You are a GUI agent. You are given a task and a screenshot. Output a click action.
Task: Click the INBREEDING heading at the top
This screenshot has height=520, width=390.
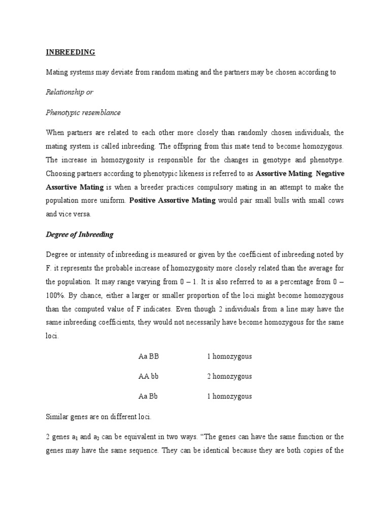70,52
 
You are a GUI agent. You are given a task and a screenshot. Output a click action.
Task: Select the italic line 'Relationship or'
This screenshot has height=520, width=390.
70,92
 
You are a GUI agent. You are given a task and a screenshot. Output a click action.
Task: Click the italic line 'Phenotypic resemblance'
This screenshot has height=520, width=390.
83,112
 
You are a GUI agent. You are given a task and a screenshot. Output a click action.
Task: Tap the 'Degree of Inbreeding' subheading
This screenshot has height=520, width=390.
80,234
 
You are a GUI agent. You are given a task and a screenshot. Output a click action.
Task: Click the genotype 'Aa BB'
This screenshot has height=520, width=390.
149,356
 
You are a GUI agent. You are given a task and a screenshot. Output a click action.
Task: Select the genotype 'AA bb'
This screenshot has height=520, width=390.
149,376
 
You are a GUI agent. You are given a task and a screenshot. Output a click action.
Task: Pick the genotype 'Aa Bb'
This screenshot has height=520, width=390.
149,396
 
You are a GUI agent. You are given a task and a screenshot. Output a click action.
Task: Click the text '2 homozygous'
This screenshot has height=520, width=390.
229,376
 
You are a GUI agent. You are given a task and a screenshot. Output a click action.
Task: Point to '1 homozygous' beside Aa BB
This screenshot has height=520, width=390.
229,356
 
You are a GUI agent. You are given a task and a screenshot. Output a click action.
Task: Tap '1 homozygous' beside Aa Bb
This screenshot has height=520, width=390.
229,396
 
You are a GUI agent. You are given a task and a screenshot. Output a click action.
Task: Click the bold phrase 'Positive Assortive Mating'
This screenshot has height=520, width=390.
173,201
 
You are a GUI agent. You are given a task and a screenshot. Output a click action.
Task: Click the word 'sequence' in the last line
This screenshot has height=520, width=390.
147,450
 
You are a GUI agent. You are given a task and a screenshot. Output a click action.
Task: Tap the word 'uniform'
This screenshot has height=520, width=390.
113,201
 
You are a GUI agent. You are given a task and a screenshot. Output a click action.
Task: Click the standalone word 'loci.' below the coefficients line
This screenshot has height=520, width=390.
52,336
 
